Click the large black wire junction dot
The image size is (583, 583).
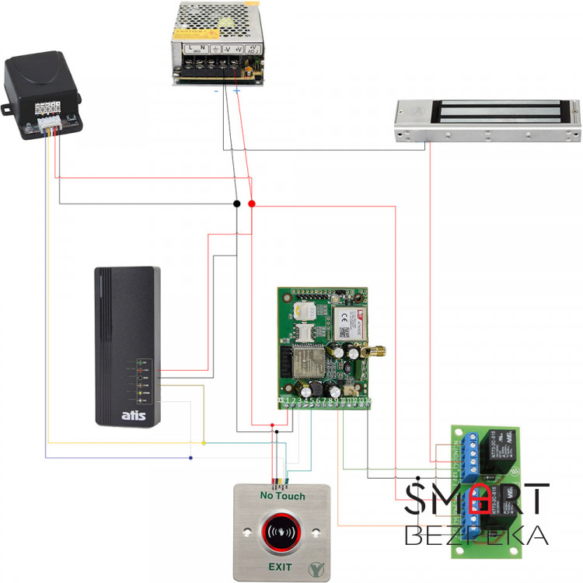236,204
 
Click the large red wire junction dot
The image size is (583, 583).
251,204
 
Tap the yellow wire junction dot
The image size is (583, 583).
204,443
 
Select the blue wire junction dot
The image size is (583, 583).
191,457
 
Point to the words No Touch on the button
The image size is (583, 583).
282,496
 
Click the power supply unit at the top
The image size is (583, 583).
218,43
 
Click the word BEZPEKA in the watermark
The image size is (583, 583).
477,535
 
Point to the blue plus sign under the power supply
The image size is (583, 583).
236,91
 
